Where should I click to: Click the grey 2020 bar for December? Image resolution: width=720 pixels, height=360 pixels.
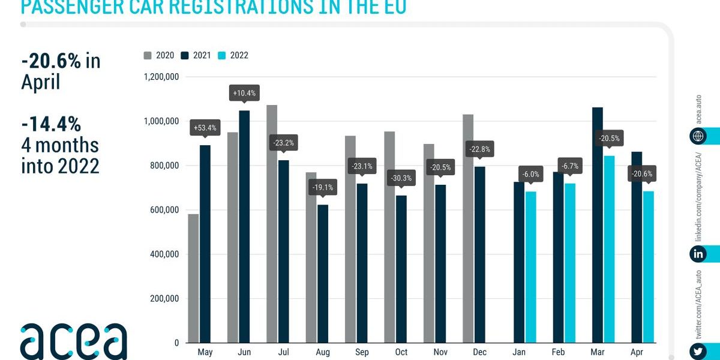point(468,229)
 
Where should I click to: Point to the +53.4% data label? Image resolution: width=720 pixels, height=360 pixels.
point(205,128)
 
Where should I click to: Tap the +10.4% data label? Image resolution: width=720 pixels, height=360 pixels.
point(244,93)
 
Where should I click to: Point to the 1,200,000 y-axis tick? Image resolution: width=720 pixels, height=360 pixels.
point(161,77)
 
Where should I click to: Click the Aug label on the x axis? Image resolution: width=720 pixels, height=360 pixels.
point(323,353)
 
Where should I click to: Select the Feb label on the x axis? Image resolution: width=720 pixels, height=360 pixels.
point(559,353)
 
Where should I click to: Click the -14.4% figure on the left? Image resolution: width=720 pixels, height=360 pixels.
point(51,124)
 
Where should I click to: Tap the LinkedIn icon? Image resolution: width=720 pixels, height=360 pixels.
point(698,254)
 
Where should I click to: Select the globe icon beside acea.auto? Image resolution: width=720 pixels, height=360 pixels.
point(698,136)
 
